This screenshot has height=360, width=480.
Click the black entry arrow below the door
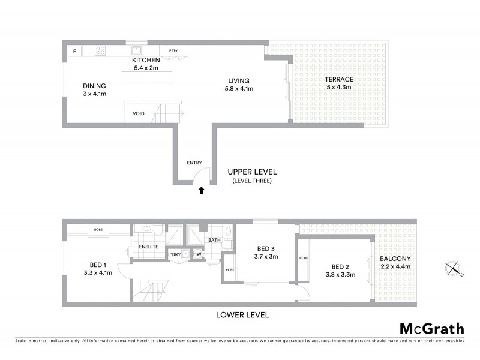202,191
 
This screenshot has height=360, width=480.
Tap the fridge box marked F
74,51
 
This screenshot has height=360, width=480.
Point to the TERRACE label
339,79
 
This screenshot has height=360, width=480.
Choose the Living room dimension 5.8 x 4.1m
238,89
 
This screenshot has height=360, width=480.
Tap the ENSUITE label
148,246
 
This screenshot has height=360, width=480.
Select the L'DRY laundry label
174,254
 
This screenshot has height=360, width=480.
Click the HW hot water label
197,254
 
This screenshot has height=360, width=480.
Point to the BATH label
214,241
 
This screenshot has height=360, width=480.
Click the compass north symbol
454,269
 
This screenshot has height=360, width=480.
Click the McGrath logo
431,328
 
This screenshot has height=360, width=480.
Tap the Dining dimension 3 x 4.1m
94,94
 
